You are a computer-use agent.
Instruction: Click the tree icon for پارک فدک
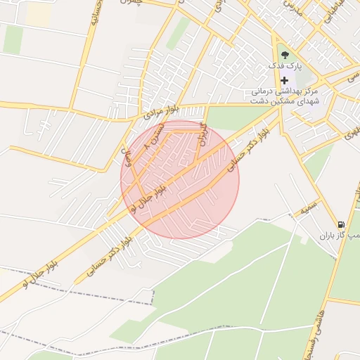tap(284, 56)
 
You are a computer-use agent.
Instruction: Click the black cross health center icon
tap(284, 80)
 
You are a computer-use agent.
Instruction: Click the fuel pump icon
tap(341, 224)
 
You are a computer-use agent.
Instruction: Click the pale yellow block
tap(37, 15)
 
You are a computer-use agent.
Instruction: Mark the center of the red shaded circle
tap(180, 179)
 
